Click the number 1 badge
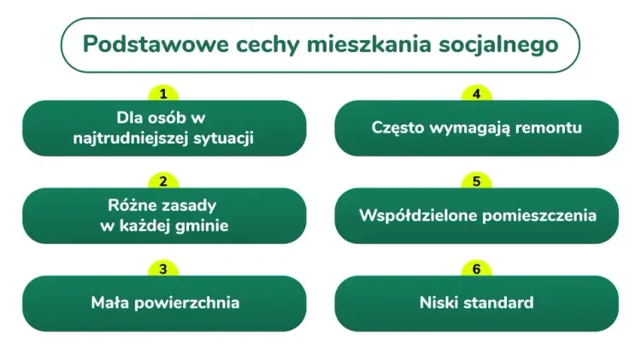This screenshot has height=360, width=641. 163,93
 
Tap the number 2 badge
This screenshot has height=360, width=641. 163,181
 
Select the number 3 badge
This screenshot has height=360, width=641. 163,269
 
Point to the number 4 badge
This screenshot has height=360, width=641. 477,93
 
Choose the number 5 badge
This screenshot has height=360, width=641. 477,181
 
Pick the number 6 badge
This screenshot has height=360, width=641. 477,269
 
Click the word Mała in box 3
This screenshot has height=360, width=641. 109,303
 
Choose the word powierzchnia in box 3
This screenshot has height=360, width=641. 185,303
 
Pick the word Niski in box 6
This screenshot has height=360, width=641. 438,303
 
